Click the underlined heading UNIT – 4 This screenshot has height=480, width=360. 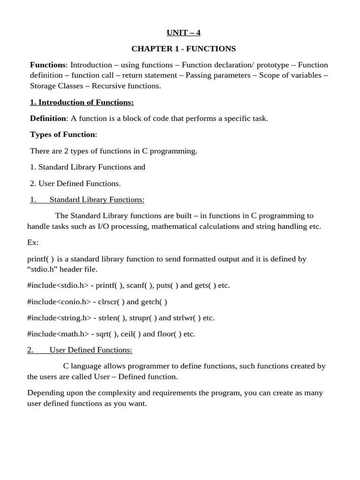[183, 32]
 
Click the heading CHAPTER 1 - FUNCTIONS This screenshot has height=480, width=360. [183, 49]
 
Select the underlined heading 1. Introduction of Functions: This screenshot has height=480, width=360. [82, 102]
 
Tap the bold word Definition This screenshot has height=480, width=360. [48, 118]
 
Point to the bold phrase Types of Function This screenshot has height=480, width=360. [62, 135]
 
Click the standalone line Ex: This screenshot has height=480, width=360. [33, 242]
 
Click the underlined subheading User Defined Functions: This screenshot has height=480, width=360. [91, 350]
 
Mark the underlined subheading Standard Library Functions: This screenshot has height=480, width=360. [97, 200]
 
